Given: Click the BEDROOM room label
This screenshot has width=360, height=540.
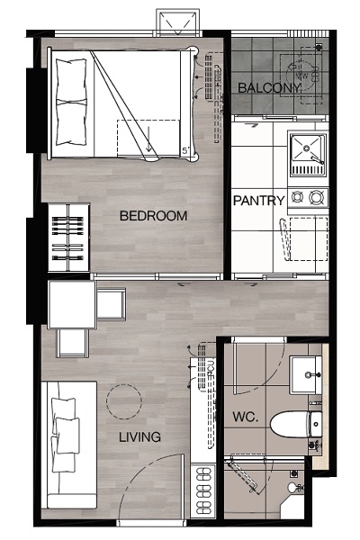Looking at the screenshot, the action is pyautogui.click(x=153, y=216).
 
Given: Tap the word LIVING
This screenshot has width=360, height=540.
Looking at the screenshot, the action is pyautogui.click(x=139, y=437).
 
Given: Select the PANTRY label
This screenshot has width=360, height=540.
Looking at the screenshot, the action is pyautogui.click(x=259, y=201).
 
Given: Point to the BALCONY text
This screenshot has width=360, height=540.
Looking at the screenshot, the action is pyautogui.click(x=269, y=88).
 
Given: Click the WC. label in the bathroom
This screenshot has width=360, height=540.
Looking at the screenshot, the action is pyautogui.click(x=246, y=417).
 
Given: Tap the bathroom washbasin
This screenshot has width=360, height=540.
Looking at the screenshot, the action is pyautogui.click(x=306, y=375).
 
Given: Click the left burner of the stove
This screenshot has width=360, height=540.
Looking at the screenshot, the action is pyautogui.click(x=297, y=197).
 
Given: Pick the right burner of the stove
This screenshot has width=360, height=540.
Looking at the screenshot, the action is pyautogui.click(x=316, y=197).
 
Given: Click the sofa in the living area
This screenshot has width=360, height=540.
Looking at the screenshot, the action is pyautogui.click(x=69, y=445).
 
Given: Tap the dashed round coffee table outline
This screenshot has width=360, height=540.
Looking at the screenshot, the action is pyautogui.click(x=124, y=401).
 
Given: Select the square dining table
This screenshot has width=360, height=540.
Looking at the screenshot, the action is pyautogui.click(x=72, y=304).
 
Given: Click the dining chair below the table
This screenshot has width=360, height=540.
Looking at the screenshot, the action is pyautogui.click(x=73, y=343).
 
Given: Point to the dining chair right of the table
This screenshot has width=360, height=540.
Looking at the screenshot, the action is pyautogui.click(x=112, y=304).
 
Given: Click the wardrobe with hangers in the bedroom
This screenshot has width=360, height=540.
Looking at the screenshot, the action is pyautogui.click(x=68, y=238).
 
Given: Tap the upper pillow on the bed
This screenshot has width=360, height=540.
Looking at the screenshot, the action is pyautogui.click(x=70, y=80).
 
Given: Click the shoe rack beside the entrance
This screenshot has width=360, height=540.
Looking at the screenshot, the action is pyautogui.click(x=203, y=490).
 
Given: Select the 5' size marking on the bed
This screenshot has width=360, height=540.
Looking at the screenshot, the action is pyautogui.click(x=185, y=150).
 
